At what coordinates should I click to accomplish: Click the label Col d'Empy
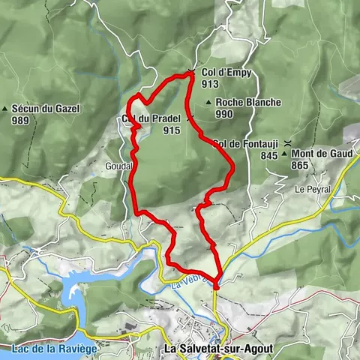(x=226, y=73)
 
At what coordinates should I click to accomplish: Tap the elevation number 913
(x=210, y=84)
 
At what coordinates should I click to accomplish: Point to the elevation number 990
(x=224, y=114)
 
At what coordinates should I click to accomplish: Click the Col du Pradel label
(x=150, y=118)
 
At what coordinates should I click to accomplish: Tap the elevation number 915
(x=171, y=129)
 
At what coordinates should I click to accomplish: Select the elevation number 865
(x=300, y=165)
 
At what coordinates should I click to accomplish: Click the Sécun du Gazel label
(x=45, y=109)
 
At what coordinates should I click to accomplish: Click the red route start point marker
(x=216, y=284)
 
